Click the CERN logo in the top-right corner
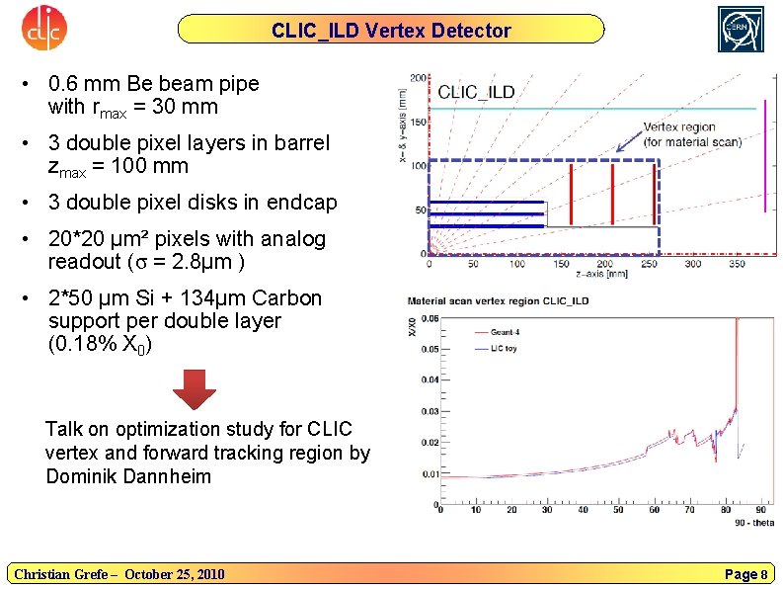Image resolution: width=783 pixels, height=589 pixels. coord(741,29)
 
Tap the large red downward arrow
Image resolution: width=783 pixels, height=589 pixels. coord(195,389)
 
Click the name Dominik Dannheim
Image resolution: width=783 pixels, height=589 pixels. coord(128,476)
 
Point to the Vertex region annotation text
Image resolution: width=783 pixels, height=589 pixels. coord(691,134)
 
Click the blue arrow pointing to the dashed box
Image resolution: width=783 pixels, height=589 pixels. coord(628,144)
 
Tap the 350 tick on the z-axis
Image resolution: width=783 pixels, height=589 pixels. coord(736,264)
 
